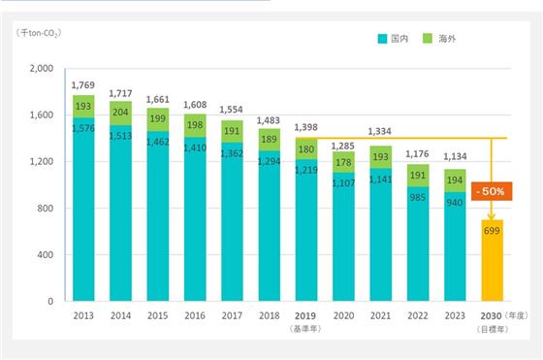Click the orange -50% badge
point(492,191)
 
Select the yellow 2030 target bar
point(493,260)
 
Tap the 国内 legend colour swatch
point(382,39)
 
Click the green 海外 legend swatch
point(428,39)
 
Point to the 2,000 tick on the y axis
point(42,68)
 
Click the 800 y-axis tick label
point(46,209)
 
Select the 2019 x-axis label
point(305,316)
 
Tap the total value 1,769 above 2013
point(83,84)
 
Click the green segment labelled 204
point(120,113)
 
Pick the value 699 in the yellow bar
point(492,231)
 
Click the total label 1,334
point(379,131)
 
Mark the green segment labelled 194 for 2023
point(455,180)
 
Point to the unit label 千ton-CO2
point(39,33)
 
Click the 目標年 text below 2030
point(493,329)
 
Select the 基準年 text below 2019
point(305,329)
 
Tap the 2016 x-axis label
point(195,315)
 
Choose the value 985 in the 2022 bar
point(417,198)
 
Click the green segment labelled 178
point(343,162)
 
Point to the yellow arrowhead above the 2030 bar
point(491,217)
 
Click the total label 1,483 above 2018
point(268,120)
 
